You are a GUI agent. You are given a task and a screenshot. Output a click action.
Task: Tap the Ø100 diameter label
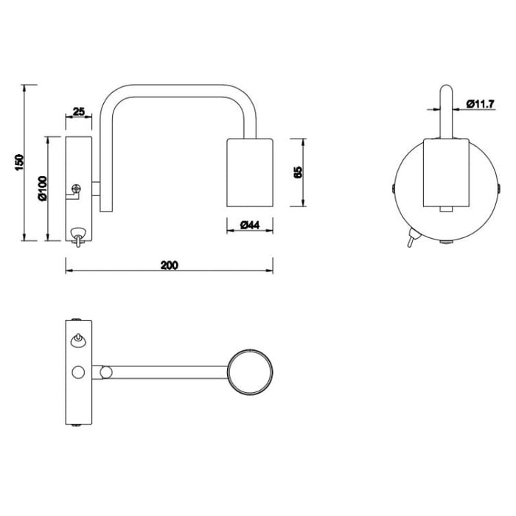point(43,189)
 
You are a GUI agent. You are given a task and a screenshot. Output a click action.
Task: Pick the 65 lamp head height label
point(298,172)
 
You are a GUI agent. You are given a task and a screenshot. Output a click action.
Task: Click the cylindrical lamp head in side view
point(250,172)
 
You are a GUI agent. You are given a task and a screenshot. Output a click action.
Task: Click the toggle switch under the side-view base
point(77,236)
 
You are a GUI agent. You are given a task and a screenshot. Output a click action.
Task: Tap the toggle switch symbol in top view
point(77,340)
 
